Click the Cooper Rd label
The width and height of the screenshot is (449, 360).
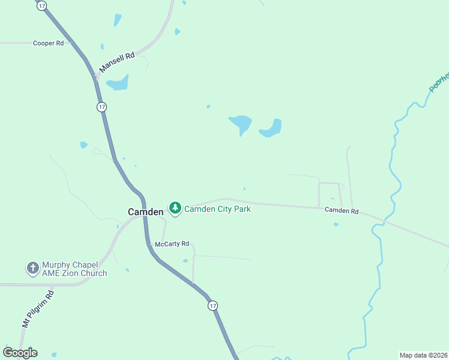tap(48, 43)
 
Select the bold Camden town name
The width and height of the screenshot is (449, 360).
tap(145, 212)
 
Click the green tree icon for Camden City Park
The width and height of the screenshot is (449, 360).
tap(175, 208)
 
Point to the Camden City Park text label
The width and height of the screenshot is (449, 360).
tap(217, 209)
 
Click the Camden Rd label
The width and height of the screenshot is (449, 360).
tap(342, 211)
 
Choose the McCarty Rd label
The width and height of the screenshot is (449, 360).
tap(172, 244)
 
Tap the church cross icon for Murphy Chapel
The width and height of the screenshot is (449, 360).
tap(32, 268)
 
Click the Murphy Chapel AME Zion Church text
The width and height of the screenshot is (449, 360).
tap(74, 269)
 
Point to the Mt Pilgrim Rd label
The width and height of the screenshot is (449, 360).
tap(38, 309)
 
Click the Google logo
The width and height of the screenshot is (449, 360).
tap(20, 353)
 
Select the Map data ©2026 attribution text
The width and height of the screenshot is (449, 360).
tap(423, 355)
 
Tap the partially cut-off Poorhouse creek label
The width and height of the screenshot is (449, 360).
tap(440, 82)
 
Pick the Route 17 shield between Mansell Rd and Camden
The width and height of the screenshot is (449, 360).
tap(101, 107)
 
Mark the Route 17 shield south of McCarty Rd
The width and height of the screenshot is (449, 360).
tap(213, 306)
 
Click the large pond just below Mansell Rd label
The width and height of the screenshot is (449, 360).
tap(118, 82)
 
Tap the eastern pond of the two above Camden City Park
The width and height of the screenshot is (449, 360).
tap(271, 128)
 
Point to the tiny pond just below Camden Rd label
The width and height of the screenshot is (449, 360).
tap(336, 224)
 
